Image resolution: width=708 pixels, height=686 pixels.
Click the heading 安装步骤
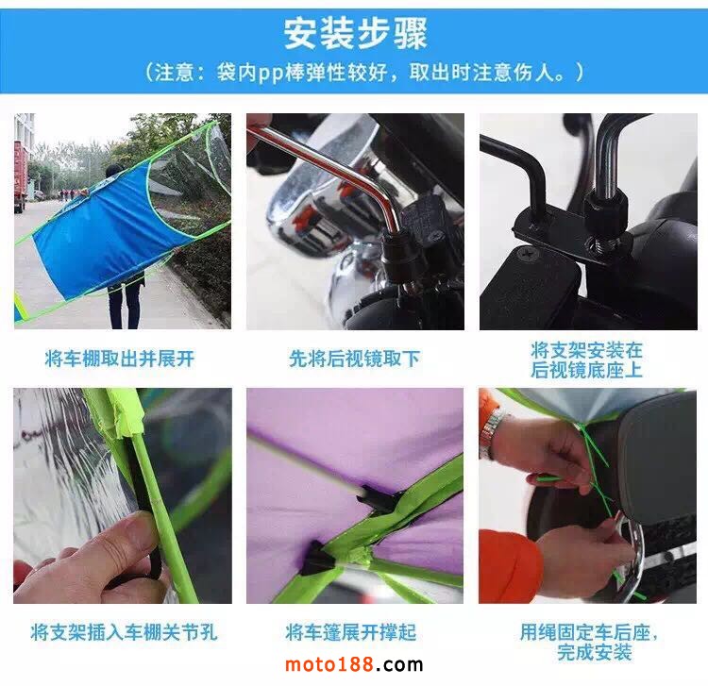pyautogui.click(x=355, y=33)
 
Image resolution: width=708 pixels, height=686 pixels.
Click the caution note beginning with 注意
pyautogui.click(x=364, y=73)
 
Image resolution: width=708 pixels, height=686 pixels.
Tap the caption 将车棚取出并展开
pyautogui.click(x=120, y=359)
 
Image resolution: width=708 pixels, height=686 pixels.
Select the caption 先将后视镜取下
pyautogui.click(x=354, y=359)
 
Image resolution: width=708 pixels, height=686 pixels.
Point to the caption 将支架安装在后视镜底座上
pyautogui.click(x=586, y=360)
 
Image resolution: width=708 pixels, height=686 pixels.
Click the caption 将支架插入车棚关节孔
pyautogui.click(x=124, y=632)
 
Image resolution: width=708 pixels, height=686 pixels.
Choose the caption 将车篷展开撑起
pyautogui.click(x=350, y=632)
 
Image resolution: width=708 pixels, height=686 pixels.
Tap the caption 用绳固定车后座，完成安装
pyautogui.click(x=589, y=642)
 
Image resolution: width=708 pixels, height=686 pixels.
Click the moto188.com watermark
pyautogui.click(x=354, y=664)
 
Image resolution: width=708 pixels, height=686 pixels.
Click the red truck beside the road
pyautogui.click(x=19, y=176)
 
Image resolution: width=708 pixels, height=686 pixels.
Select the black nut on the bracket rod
pyautogui.click(x=606, y=208)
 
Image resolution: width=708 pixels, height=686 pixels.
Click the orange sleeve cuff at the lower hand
pyautogui.click(x=510, y=565)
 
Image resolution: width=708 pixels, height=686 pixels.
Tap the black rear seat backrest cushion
pyautogui.click(x=655, y=456)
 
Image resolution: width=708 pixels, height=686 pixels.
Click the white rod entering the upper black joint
pyautogui.click(x=307, y=465)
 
